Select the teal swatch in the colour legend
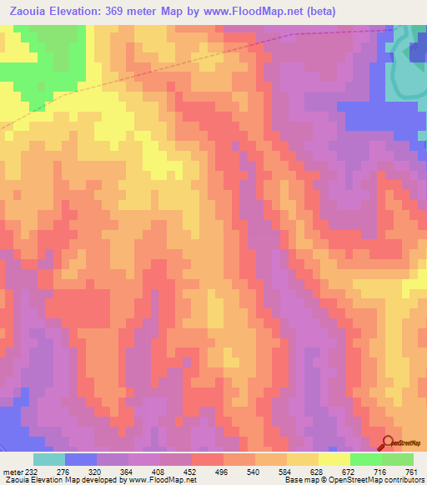click(x=49, y=459)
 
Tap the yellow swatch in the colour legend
click(x=334, y=459)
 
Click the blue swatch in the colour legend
click(x=81, y=459)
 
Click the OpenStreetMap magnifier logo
click(x=388, y=442)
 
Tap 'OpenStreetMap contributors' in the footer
click(x=384, y=480)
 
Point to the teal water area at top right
click(x=406, y=79)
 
